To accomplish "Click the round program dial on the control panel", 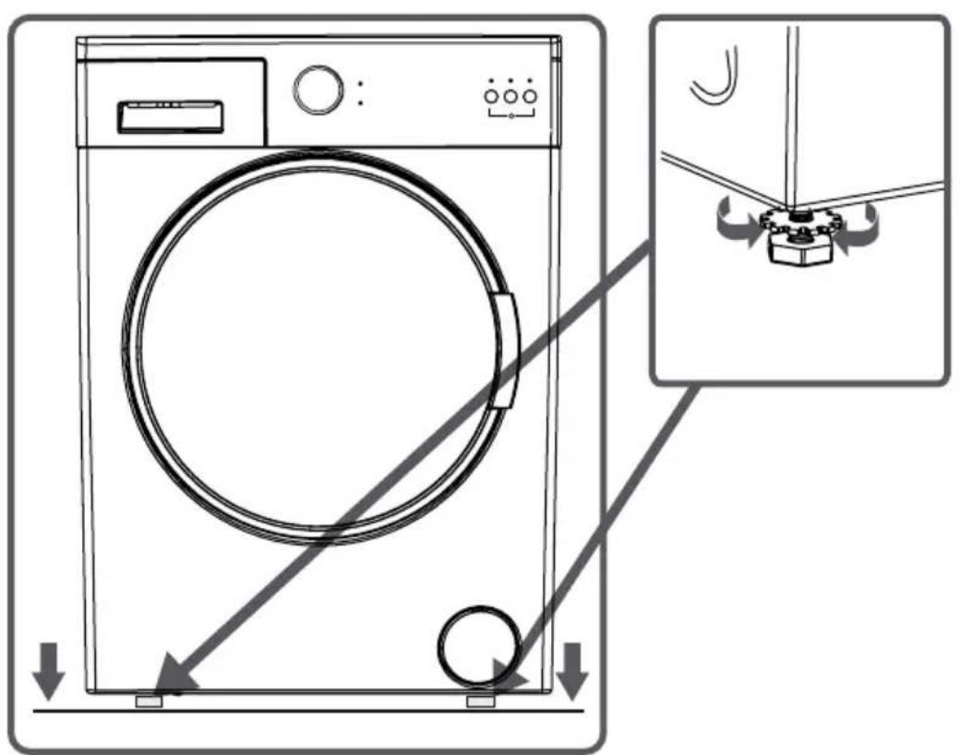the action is pos(317,90).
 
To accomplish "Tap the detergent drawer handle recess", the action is pos(169,116).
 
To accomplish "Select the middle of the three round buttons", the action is pos(510,96).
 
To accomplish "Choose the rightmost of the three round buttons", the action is pos(530,96).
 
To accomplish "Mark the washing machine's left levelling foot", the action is pos(148,701).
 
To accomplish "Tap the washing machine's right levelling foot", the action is pos(480,701).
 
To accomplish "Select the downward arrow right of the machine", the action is pos(572,672).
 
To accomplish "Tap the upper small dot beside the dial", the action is pos(360,83).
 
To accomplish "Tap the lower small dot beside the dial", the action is pos(360,102).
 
